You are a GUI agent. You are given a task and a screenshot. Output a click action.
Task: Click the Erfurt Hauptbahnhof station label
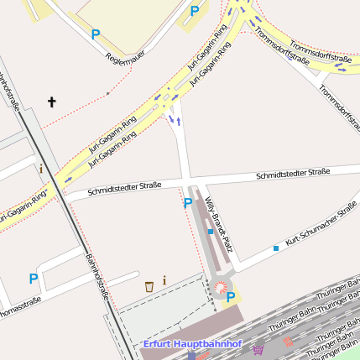191,344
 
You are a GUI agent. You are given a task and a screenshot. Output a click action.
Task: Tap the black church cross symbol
51,102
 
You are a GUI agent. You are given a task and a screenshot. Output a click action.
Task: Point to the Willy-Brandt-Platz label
217,225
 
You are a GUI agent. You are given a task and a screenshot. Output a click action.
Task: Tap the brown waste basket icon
149,286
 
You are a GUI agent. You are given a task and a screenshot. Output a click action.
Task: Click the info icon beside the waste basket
164,280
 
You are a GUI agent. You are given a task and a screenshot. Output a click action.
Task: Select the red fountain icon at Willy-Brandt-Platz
221,288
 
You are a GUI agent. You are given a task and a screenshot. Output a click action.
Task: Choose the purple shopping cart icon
258,350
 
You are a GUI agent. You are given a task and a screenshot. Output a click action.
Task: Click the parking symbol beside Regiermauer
96,34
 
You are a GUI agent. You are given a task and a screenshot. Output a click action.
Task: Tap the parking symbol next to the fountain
231,297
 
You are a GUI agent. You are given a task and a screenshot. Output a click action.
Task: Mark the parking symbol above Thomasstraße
34,279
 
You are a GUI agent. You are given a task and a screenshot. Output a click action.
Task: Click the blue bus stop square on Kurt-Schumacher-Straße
275,248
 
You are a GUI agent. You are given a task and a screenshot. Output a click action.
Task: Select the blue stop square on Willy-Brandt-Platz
210,232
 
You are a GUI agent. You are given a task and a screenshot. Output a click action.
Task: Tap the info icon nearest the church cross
40,169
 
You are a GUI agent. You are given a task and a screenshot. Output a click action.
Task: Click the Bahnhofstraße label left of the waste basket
97,277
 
